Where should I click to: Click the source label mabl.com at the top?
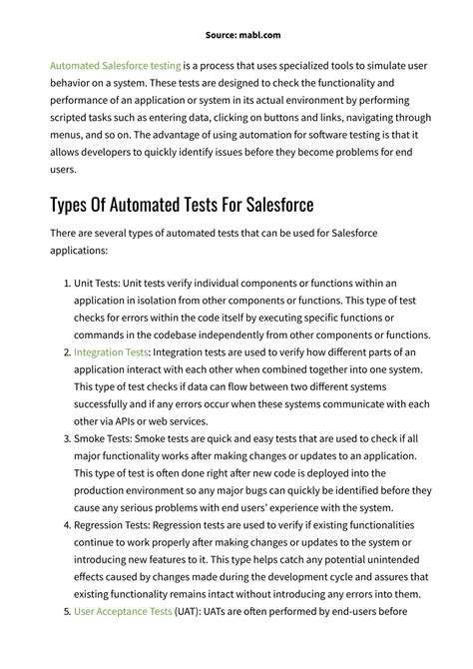pyautogui.click(x=236, y=9)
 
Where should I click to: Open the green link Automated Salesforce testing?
pyautogui.click(x=116, y=65)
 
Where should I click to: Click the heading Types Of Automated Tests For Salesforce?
pyautogui.click(x=182, y=205)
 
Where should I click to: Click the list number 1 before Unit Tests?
pyautogui.click(x=67, y=284)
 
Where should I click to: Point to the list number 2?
pyautogui.click(x=67, y=352)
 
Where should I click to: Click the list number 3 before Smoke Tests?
pyautogui.click(x=67, y=440)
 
